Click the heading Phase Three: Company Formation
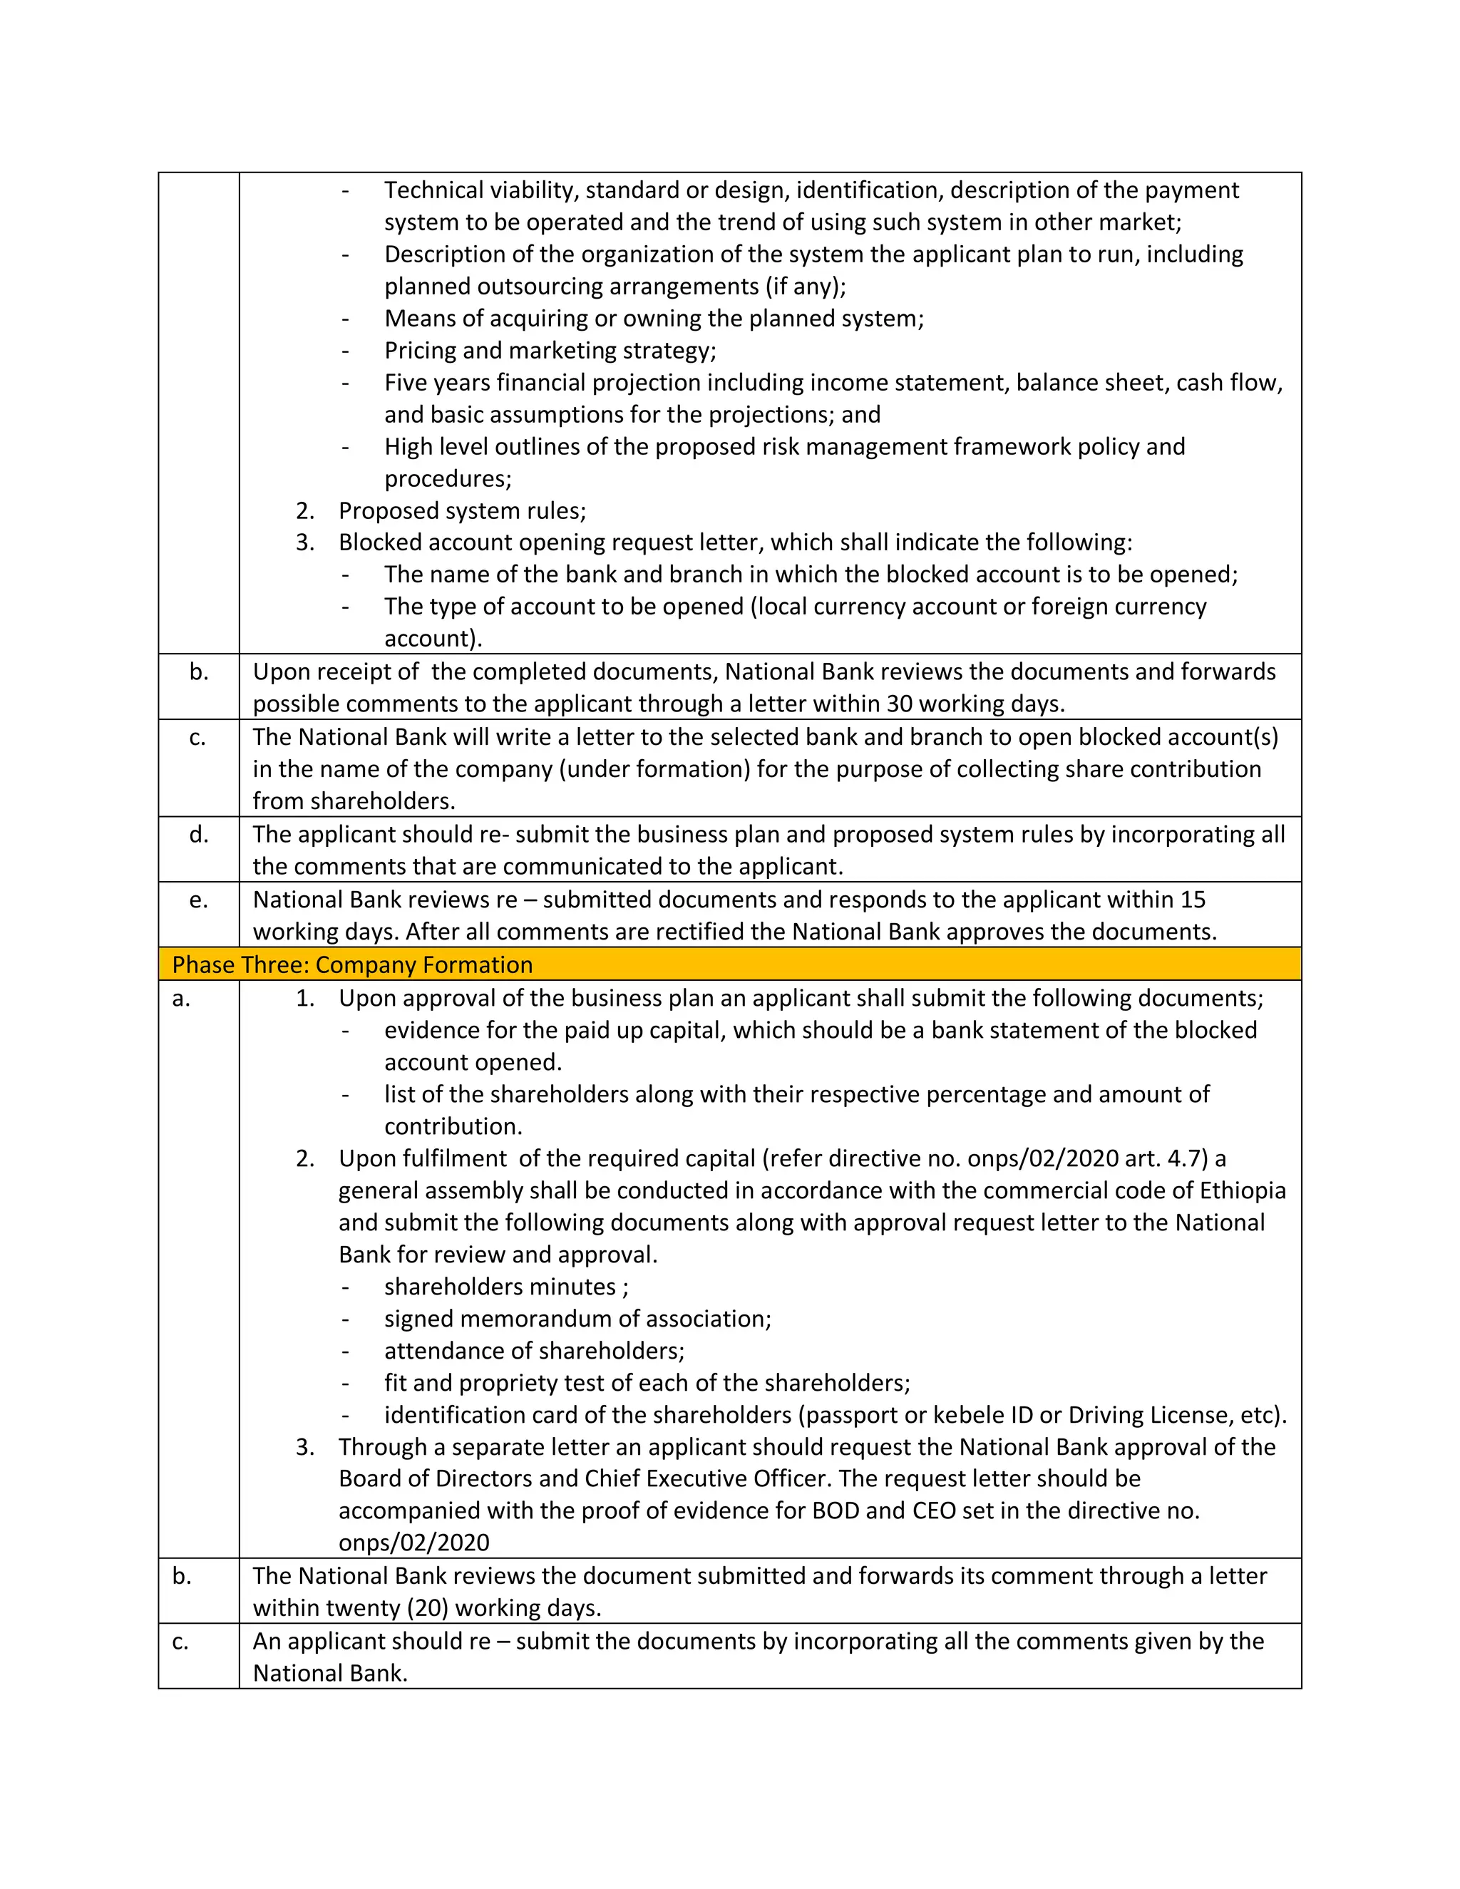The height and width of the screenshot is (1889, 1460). coord(352,964)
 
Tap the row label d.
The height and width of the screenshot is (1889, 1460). coord(199,834)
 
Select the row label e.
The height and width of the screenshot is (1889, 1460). coord(199,900)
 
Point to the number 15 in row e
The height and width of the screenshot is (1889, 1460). coord(1192,900)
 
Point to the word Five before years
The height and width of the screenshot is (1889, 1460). coord(406,382)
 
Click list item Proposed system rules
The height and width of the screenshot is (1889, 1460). coord(462,511)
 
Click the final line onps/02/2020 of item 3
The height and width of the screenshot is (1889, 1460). coord(413,1543)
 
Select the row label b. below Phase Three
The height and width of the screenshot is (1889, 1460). coord(182,1576)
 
